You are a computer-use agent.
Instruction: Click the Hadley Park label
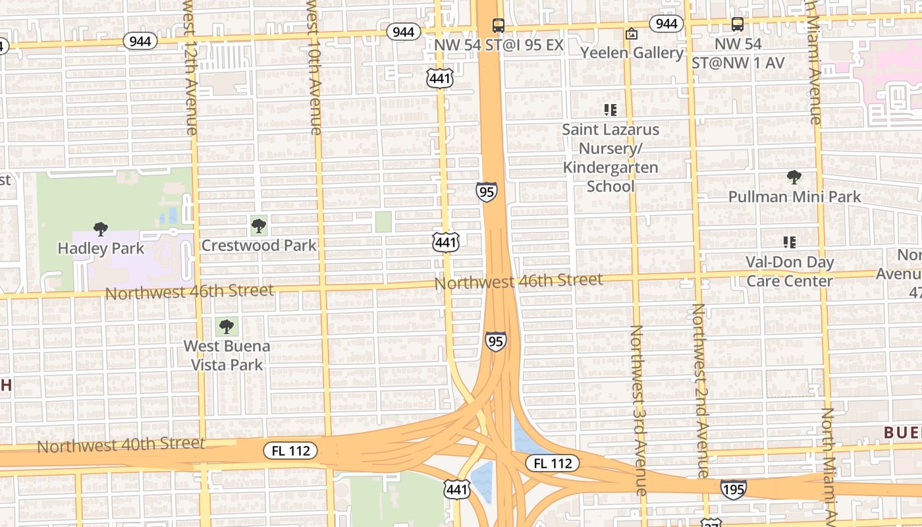point(101,248)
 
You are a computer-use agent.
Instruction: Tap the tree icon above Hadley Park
point(101,229)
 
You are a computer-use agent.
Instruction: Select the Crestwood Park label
point(259,246)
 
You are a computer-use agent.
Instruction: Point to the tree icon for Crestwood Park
point(259,227)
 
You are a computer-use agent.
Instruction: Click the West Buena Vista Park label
point(227,355)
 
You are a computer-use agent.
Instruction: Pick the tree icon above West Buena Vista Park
point(227,326)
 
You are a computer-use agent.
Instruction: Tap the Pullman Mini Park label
point(794,196)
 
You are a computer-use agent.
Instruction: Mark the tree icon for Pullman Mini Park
point(794,177)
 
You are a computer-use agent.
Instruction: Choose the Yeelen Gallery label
point(632,53)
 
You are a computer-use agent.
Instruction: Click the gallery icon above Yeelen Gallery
point(632,34)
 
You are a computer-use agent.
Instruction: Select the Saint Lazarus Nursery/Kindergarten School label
point(610,157)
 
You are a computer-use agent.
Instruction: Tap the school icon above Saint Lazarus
point(610,110)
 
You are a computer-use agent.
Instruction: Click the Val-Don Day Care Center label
point(790,271)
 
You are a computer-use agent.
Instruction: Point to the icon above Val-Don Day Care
point(790,242)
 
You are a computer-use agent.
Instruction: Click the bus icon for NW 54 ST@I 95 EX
point(499,26)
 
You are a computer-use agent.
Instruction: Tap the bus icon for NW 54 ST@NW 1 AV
point(738,24)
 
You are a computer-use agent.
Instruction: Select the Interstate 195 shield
point(733,489)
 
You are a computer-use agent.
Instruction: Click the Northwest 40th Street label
point(121,445)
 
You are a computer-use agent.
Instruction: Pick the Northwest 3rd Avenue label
point(637,410)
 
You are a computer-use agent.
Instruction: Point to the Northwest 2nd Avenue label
point(700,390)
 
